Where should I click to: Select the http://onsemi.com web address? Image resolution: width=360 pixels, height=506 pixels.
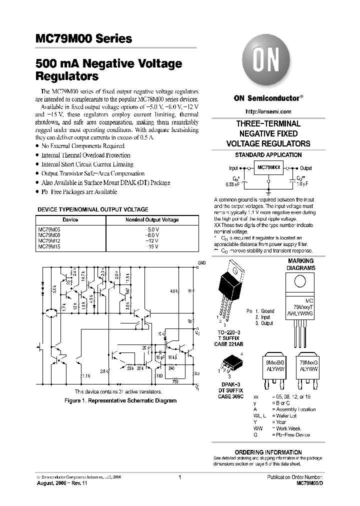tap(268, 111)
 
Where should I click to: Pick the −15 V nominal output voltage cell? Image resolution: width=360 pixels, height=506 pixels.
tap(151, 246)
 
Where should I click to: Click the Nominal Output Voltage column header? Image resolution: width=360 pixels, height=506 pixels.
tap(151, 219)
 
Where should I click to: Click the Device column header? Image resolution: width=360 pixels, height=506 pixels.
tap(70, 219)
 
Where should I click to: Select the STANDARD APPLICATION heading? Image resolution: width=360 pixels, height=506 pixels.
tap(268, 155)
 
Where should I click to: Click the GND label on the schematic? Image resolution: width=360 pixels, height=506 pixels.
tap(201, 262)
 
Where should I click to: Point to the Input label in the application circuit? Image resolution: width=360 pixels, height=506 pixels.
tap(233, 168)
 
